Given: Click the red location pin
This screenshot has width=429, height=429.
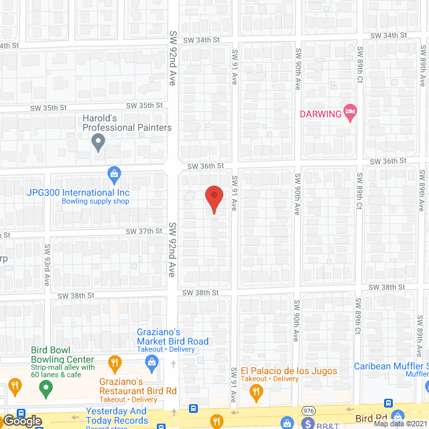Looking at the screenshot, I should [x=213, y=199].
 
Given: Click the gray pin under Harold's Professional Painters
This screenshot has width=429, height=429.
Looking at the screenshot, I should [x=99, y=141].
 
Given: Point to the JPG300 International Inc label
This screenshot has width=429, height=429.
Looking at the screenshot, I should [x=78, y=192].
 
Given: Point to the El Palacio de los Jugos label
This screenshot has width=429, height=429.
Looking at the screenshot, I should [x=288, y=371].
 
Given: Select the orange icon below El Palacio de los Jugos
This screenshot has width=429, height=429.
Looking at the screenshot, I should [x=254, y=391].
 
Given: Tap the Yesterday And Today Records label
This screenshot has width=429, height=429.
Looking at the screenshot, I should [x=116, y=416].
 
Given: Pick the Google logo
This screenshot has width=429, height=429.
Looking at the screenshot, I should [x=21, y=420].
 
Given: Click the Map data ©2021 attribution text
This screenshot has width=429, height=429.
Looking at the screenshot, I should [x=400, y=424].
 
